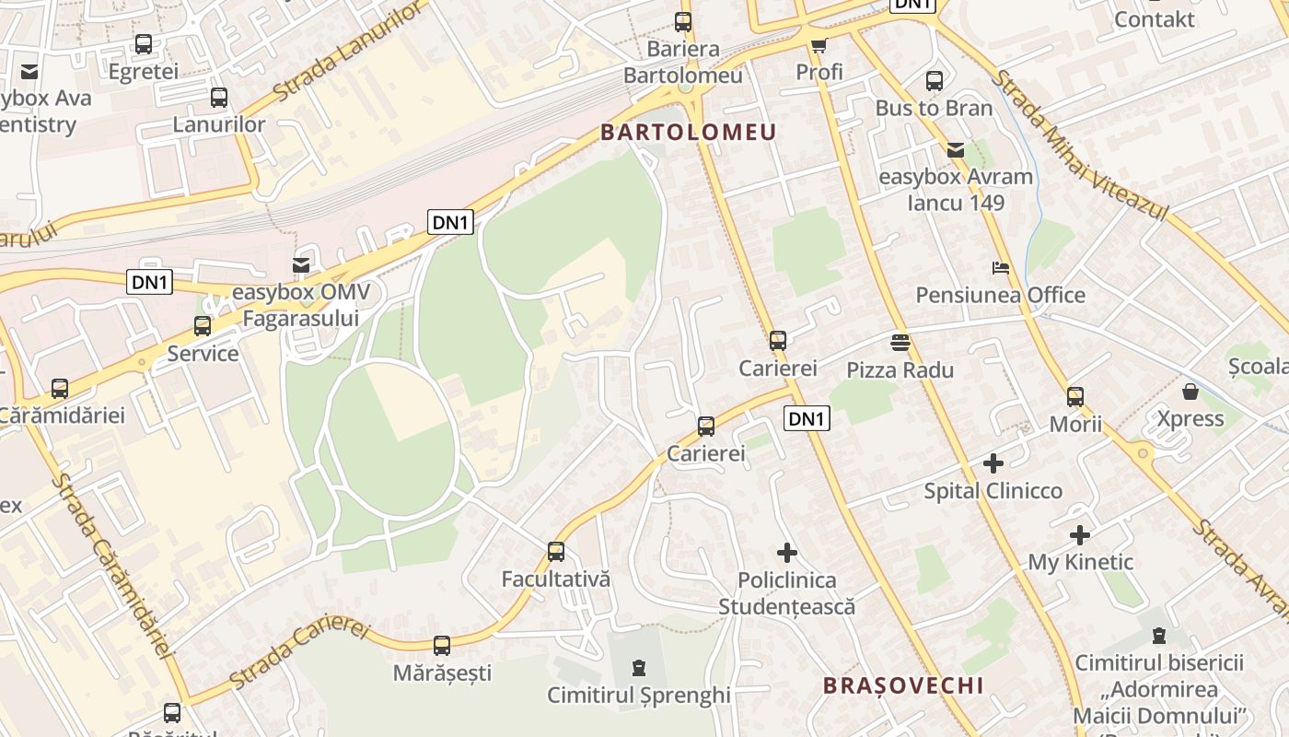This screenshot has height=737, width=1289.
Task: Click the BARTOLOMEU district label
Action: pos(689,132)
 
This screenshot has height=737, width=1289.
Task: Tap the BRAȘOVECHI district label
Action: pos(903,685)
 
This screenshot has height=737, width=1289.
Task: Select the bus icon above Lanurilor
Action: pos(219,97)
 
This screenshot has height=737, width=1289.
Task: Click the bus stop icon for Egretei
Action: pos(144,43)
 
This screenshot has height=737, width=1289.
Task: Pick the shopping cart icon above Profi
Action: pos(819,44)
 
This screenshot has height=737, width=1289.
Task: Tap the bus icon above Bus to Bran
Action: pos(935,80)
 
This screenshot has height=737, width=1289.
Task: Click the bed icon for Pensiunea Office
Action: pos(1001,268)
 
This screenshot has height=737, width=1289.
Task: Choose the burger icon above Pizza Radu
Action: pos(900,343)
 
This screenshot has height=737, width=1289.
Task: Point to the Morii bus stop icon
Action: pos(1075,397)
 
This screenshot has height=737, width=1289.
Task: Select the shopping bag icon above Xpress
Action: pos(1190,392)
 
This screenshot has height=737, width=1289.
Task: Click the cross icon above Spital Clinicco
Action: pos(993,462)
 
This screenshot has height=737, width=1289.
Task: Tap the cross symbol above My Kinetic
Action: pos(1080,534)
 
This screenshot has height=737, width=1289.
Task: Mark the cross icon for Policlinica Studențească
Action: pos(787,553)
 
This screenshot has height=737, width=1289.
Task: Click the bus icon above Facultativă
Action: pos(556,551)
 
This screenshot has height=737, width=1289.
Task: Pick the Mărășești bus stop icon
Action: pos(442,645)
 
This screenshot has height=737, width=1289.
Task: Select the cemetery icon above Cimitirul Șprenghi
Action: pos(638,667)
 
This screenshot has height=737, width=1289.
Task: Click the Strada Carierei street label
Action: pos(299,654)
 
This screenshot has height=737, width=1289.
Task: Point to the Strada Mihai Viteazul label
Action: pos(1079,146)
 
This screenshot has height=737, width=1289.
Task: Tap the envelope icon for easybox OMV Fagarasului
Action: pos(301,265)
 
